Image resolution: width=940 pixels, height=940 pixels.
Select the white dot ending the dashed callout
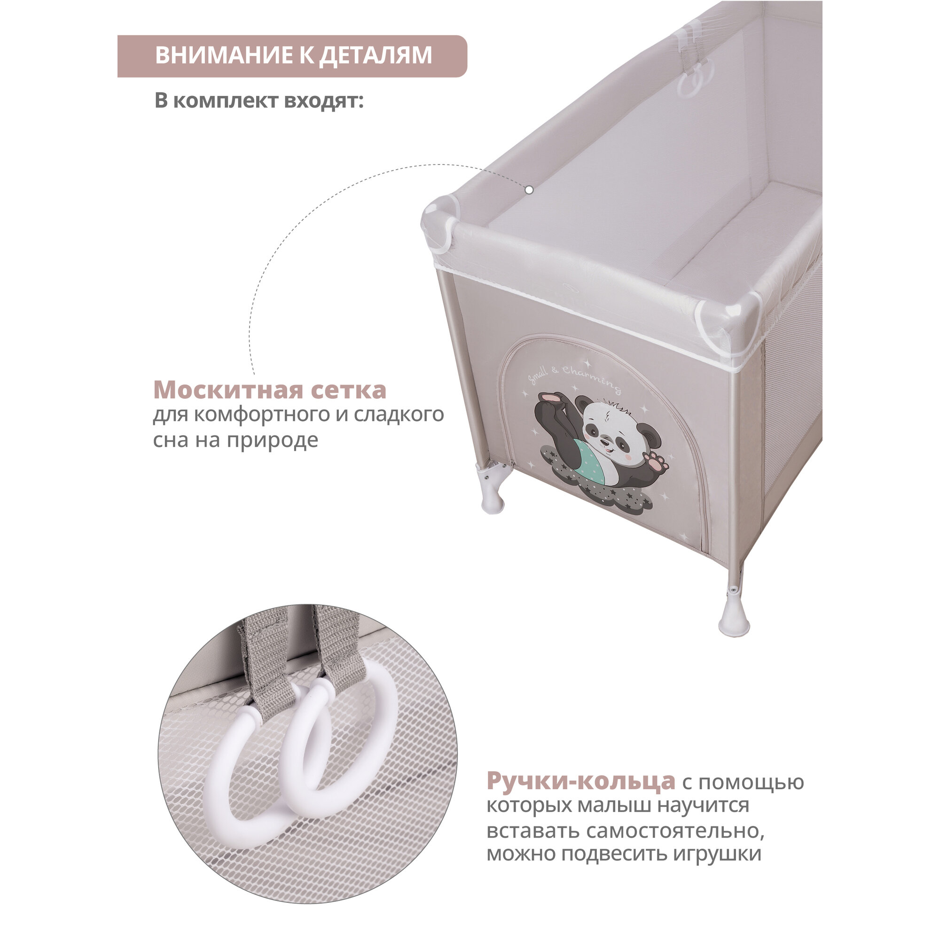click(x=529, y=190)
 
